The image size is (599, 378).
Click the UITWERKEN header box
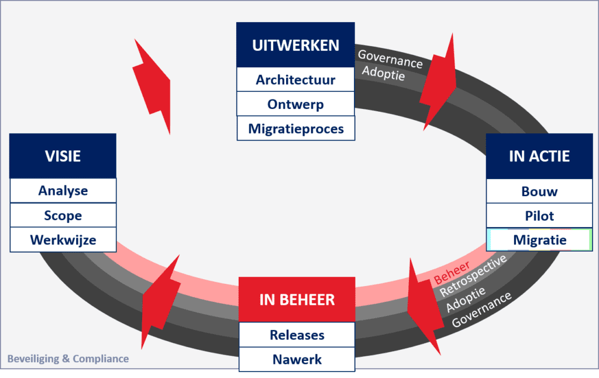pos(295,45)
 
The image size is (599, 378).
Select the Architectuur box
pos(295,80)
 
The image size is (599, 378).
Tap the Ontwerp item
pos(295,104)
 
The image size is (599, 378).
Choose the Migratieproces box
pos(295,129)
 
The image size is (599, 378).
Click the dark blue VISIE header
pos(63,156)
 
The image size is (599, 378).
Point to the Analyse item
pos(63,191)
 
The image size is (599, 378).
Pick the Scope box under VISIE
pos(63,215)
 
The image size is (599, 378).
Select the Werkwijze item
pos(63,240)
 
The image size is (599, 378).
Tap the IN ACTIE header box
pos(539,156)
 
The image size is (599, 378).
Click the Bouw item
pos(539,191)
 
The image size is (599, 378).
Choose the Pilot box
pos(539,215)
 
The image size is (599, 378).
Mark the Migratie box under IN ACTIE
pos(539,240)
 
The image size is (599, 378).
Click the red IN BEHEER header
pos(297,300)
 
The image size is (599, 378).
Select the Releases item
pos(297,335)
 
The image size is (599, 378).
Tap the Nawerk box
pos(297,359)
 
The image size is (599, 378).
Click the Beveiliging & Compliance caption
pos(68,359)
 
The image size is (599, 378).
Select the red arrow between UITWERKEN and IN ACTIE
pos(439,82)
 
